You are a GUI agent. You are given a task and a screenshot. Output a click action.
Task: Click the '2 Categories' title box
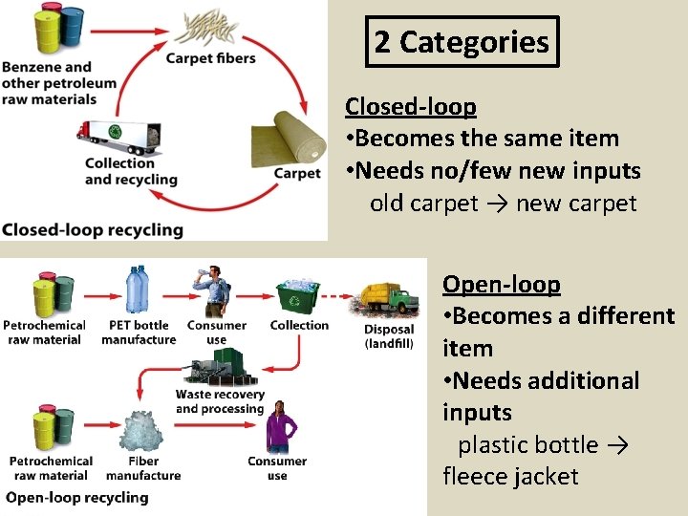pos(462,42)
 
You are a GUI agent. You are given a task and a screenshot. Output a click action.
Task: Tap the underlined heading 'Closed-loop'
pos(410,106)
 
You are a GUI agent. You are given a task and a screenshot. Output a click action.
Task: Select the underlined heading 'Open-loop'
pos(501,284)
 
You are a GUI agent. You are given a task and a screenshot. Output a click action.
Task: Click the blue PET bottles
pos(139,290)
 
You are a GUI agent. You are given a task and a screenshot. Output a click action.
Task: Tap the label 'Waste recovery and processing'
pos(219,401)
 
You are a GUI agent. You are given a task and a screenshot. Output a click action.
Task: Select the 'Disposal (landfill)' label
pos(389,336)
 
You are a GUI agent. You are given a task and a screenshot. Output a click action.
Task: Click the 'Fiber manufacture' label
pos(143,468)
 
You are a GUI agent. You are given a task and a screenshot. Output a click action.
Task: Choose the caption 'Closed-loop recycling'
pos(93,229)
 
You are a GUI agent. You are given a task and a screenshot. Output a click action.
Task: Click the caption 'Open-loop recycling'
pos(77,497)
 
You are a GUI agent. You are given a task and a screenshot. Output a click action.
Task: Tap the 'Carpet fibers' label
pos(211,58)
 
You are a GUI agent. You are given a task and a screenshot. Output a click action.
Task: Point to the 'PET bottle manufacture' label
pos(139,332)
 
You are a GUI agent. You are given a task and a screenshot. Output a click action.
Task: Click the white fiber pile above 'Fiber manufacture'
pos(142,431)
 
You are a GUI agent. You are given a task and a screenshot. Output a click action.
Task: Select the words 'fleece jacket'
pos(510,477)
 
